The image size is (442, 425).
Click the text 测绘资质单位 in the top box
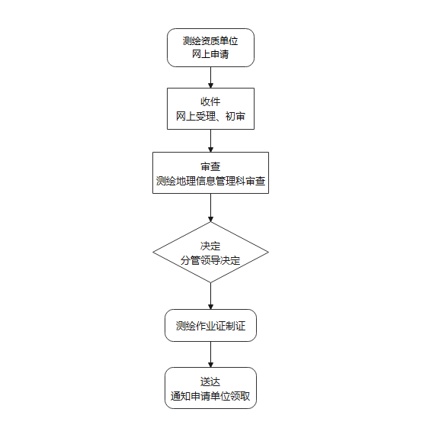pos(210,41)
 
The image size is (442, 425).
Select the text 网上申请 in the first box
pos(210,54)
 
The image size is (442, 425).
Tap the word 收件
pos(210,102)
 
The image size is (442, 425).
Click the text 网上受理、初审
pos(210,116)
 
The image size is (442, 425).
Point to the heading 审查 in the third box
pos(210,166)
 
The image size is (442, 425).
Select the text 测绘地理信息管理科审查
pos(210,181)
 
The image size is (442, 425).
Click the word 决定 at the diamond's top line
pos(210,246)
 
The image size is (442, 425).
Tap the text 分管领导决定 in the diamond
pos(210,260)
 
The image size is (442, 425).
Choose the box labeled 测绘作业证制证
pos(210,325)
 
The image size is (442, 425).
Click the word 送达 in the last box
pos(210,382)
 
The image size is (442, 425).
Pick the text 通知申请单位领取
pos(210,396)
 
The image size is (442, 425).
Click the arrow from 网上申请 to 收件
pos(210,77)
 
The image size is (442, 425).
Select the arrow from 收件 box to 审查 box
pos(210,141)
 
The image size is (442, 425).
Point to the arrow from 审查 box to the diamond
pos(210,208)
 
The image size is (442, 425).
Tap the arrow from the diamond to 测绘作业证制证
pos(210,296)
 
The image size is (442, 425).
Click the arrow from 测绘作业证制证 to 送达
pos(210,355)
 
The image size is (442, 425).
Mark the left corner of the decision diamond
pos(153,253)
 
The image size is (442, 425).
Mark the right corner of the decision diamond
pos(268,253)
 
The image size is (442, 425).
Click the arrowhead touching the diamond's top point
pos(210,220)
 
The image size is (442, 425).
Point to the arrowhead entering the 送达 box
pos(210,365)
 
